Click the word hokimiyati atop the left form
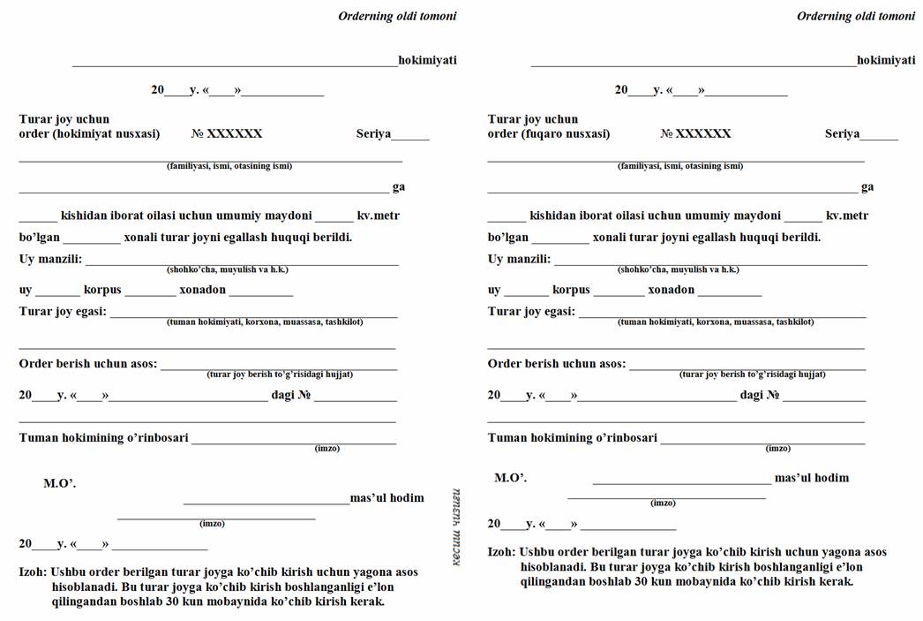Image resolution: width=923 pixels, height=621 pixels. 427,60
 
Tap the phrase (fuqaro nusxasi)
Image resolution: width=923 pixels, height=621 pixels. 574,134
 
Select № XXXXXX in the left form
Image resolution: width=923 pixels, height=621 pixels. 227,134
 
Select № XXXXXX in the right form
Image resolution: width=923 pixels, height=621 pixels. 695,134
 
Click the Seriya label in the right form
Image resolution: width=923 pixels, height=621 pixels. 842,134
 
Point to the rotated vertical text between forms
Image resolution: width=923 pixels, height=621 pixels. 456,527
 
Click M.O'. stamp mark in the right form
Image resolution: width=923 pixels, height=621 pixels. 510,478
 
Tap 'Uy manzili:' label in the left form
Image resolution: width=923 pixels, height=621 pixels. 50,260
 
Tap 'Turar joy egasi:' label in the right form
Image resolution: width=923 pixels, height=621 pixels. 531,312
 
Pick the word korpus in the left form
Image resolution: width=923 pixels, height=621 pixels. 102,290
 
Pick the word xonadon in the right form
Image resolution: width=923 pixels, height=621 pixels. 671,290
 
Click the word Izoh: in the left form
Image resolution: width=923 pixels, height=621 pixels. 33,572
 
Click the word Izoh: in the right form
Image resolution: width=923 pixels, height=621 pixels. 501,552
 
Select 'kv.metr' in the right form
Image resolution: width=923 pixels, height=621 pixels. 846,216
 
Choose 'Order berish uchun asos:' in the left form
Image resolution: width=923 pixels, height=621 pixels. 87,364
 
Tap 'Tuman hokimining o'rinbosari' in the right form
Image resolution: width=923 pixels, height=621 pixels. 572,438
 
